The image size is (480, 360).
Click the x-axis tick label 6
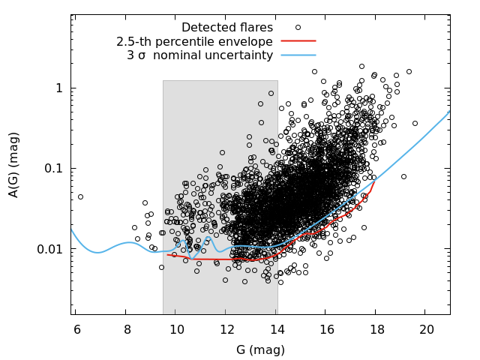[x=77, y=329]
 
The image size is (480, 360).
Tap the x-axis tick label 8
[x=127, y=329]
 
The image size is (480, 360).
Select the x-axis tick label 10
[x=177, y=329]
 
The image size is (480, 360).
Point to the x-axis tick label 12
[x=226, y=329]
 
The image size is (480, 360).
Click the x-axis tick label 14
[x=277, y=329]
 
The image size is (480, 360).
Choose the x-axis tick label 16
[x=327, y=329]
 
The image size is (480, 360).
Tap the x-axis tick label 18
[x=376, y=329]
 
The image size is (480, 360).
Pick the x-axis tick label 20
[x=427, y=329]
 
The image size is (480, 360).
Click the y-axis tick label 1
[x=59, y=88]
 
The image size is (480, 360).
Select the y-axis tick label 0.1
[x=53, y=168]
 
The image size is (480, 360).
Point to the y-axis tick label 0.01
[x=50, y=249]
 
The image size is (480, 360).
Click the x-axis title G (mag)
[x=260, y=349]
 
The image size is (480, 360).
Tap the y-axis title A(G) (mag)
[x=13, y=165]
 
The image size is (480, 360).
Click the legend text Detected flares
[x=227, y=28]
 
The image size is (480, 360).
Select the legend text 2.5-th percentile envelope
[x=194, y=42]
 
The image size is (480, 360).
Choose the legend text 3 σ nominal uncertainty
[x=200, y=55]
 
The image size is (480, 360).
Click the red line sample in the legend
[x=298, y=40]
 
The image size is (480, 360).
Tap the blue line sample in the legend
[x=298, y=55]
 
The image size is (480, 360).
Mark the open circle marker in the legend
[x=298, y=27]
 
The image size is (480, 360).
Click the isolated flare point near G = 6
[x=80, y=196]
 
